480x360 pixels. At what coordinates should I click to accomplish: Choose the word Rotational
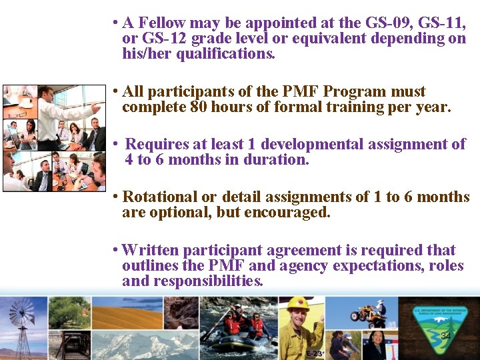click(160, 197)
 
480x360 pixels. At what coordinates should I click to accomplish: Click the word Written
click(151, 251)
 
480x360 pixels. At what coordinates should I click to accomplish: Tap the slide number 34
click(446, 337)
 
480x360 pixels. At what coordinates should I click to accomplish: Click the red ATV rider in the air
click(375, 311)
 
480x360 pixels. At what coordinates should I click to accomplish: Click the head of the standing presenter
click(45, 93)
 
